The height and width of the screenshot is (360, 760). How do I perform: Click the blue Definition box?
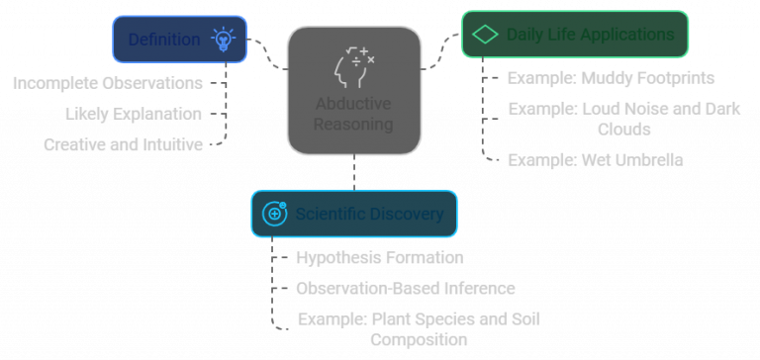[179, 40]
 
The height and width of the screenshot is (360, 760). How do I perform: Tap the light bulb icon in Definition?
[223, 40]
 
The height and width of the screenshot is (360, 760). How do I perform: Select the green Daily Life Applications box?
[575, 35]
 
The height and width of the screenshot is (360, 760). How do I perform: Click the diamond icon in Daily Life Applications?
[485, 35]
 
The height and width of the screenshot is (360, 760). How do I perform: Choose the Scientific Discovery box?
[354, 214]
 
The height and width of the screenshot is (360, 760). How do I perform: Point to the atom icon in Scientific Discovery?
[274, 214]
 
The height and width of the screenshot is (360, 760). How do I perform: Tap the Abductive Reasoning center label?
[353, 115]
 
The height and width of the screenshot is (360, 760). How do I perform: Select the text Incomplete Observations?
[108, 83]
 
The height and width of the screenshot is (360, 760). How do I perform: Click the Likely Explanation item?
[134, 114]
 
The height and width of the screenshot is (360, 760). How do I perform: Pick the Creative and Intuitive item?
[123, 144]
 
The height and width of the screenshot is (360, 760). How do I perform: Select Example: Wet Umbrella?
[595, 160]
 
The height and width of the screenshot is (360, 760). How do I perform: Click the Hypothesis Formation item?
[379, 257]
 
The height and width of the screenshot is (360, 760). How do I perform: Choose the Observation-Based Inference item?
[406, 289]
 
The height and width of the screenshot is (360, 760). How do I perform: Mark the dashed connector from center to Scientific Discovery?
[354, 172]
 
